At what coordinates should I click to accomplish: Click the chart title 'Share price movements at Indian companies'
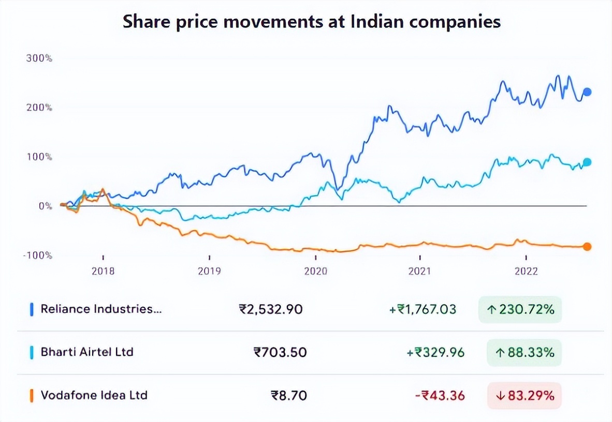tap(311, 22)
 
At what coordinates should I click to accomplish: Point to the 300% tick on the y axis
tap(39, 58)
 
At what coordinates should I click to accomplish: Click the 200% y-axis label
tap(39, 108)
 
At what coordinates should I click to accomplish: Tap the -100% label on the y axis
tap(38, 255)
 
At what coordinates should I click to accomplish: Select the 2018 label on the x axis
tap(103, 271)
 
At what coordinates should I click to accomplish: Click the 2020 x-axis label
tap(315, 271)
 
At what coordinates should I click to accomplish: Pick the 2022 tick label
tap(526, 271)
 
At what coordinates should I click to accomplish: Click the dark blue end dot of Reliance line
tap(587, 93)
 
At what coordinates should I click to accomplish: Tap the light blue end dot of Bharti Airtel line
tap(587, 162)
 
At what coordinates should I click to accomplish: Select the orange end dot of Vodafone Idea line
tap(587, 247)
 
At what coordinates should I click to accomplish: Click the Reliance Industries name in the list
tap(97, 309)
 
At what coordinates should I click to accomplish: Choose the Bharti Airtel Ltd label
tap(87, 352)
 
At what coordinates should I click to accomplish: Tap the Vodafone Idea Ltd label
tap(94, 396)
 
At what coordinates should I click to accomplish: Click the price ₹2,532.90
tap(271, 310)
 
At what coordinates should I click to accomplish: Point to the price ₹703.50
tap(280, 353)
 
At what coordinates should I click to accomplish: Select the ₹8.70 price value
tap(289, 396)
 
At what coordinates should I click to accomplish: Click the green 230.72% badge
tap(520, 310)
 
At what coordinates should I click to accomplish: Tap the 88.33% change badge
tap(524, 353)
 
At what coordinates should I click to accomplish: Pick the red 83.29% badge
tap(524, 396)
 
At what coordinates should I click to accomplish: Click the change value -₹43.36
tap(440, 396)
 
